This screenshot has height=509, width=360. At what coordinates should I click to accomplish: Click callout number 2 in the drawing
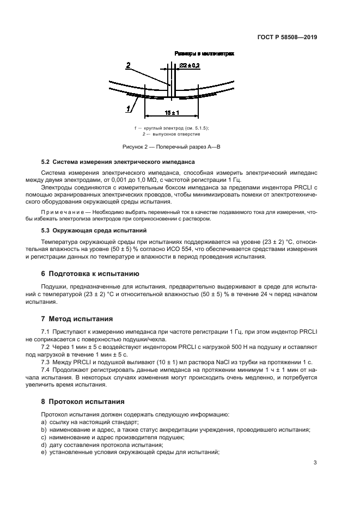pyautogui.click(x=129, y=66)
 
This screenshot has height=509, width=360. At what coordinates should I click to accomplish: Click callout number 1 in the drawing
pyautogui.click(x=129, y=108)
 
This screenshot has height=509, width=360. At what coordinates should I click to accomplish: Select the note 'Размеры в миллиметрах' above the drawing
pyautogui.click(x=204, y=54)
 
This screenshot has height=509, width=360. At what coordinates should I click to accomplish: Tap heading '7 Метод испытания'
pyautogui.click(x=77, y=318)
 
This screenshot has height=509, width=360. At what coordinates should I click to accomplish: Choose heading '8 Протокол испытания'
pyautogui.click(x=83, y=402)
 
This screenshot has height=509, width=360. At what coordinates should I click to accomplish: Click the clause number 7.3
pyautogui.click(x=46, y=362)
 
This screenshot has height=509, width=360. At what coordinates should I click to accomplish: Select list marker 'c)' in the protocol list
pyautogui.click(x=44, y=437)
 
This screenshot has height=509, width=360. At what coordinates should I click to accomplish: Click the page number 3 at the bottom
pyautogui.click(x=315, y=463)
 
